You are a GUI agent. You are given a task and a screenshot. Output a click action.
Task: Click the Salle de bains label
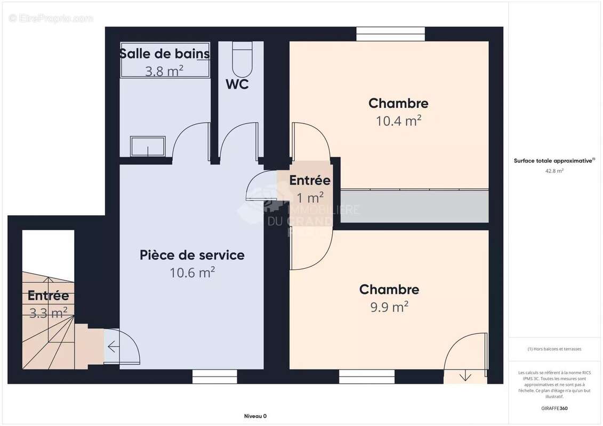[x=164, y=54]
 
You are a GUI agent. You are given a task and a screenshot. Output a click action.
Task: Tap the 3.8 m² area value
[x=164, y=71]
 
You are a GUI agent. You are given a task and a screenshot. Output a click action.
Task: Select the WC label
[x=237, y=85]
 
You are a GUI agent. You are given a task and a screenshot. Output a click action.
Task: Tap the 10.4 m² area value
[x=398, y=121]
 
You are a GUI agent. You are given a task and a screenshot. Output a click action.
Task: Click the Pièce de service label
[x=192, y=255]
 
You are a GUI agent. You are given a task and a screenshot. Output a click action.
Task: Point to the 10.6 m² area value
[x=192, y=273]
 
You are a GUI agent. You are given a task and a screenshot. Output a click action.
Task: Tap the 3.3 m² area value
[x=48, y=313]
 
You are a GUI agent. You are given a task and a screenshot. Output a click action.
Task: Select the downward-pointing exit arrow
[x=465, y=376]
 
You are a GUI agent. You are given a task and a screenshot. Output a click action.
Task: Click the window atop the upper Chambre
[x=391, y=34]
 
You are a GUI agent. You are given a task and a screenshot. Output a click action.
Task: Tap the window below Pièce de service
[x=207, y=376]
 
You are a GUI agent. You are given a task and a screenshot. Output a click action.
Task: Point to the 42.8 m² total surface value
[x=554, y=171]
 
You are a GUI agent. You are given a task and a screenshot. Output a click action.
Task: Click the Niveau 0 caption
[x=255, y=416]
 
